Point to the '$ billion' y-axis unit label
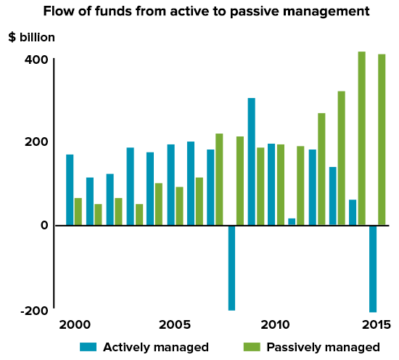point(31,37)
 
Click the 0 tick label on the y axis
point(44,225)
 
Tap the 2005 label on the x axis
point(175,324)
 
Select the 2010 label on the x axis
point(275,324)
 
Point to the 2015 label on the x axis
point(377,324)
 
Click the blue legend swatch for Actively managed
point(88,347)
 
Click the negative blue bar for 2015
point(373,268)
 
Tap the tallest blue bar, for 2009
point(251,161)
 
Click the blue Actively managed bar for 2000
point(70,189)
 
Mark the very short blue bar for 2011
point(292,221)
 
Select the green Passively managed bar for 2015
point(382,139)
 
